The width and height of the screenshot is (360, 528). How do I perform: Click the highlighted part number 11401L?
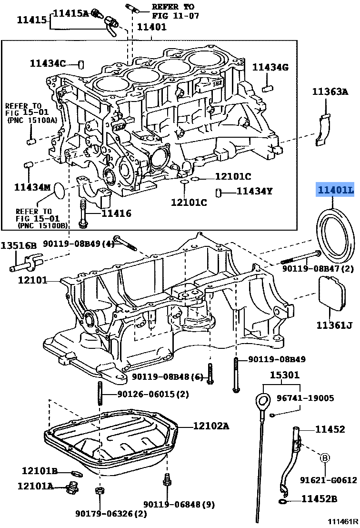coord(336,191)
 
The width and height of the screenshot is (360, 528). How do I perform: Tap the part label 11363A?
coord(330,92)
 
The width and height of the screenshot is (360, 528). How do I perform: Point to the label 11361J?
coord(335,325)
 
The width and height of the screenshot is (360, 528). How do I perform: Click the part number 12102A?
coord(211,426)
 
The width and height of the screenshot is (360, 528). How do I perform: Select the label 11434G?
coord(270,67)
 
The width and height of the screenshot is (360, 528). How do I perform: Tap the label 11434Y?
coord(254,192)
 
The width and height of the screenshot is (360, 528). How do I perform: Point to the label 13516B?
coord(18,246)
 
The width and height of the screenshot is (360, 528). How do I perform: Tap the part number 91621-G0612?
coord(328,480)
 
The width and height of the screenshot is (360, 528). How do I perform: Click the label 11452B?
coord(319,499)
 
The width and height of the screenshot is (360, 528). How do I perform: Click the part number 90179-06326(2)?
coord(111,514)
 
